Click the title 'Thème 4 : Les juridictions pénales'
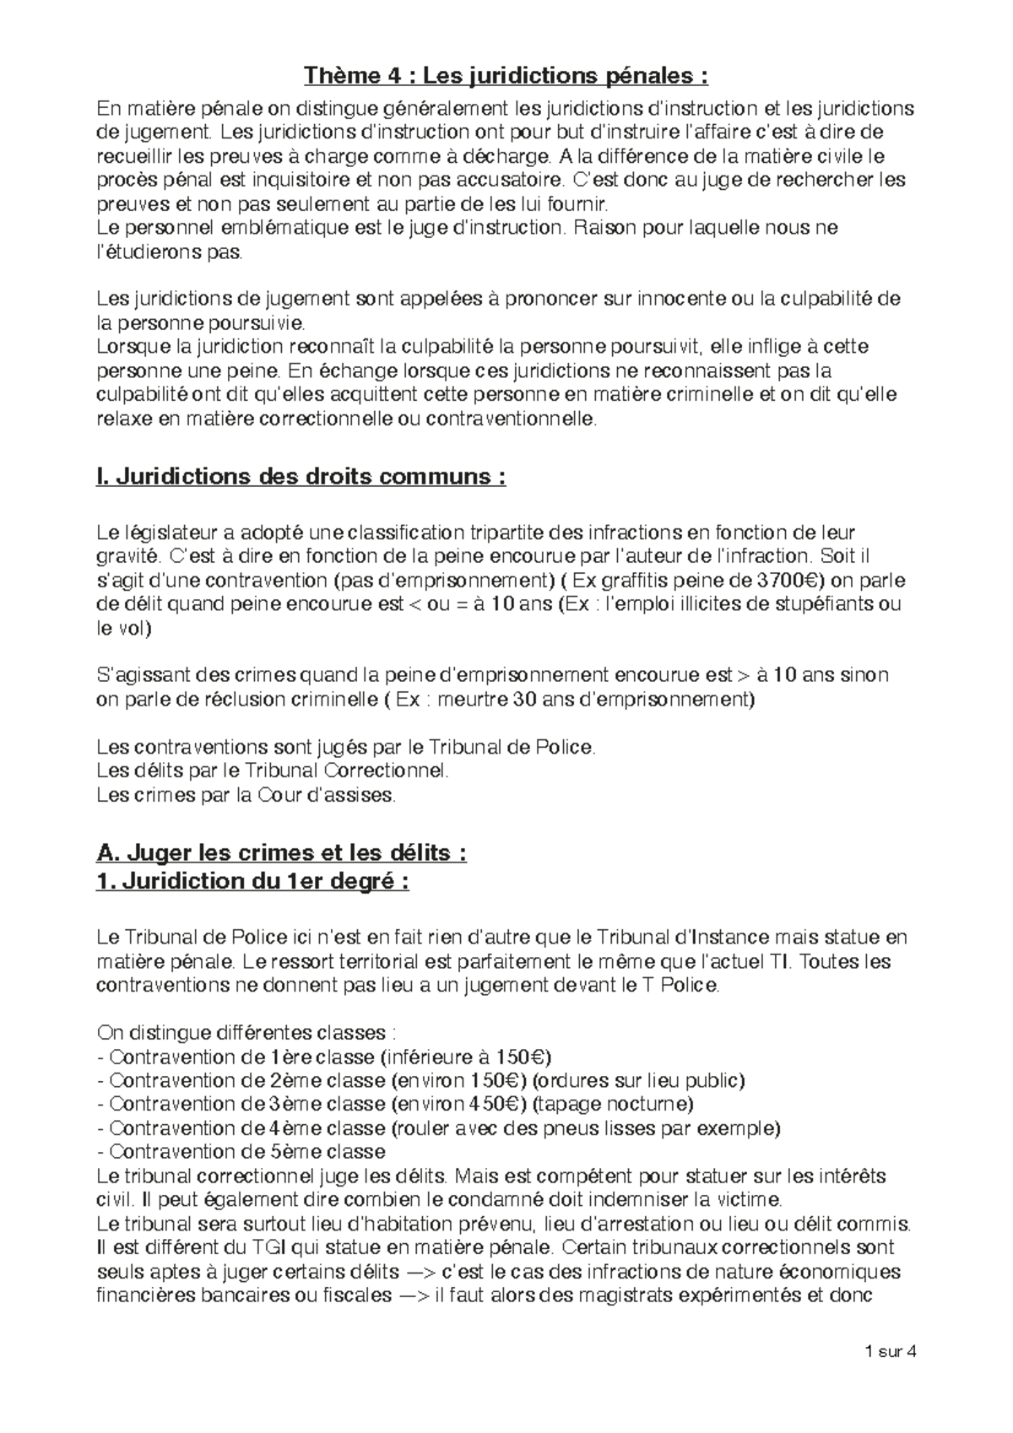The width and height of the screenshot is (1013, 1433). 506,78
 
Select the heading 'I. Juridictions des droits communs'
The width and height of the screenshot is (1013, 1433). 301,477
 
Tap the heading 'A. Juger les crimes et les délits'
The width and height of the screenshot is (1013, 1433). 282,853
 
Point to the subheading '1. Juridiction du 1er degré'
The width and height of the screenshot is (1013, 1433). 254,882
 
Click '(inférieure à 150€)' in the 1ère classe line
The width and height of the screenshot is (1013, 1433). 466,1057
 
